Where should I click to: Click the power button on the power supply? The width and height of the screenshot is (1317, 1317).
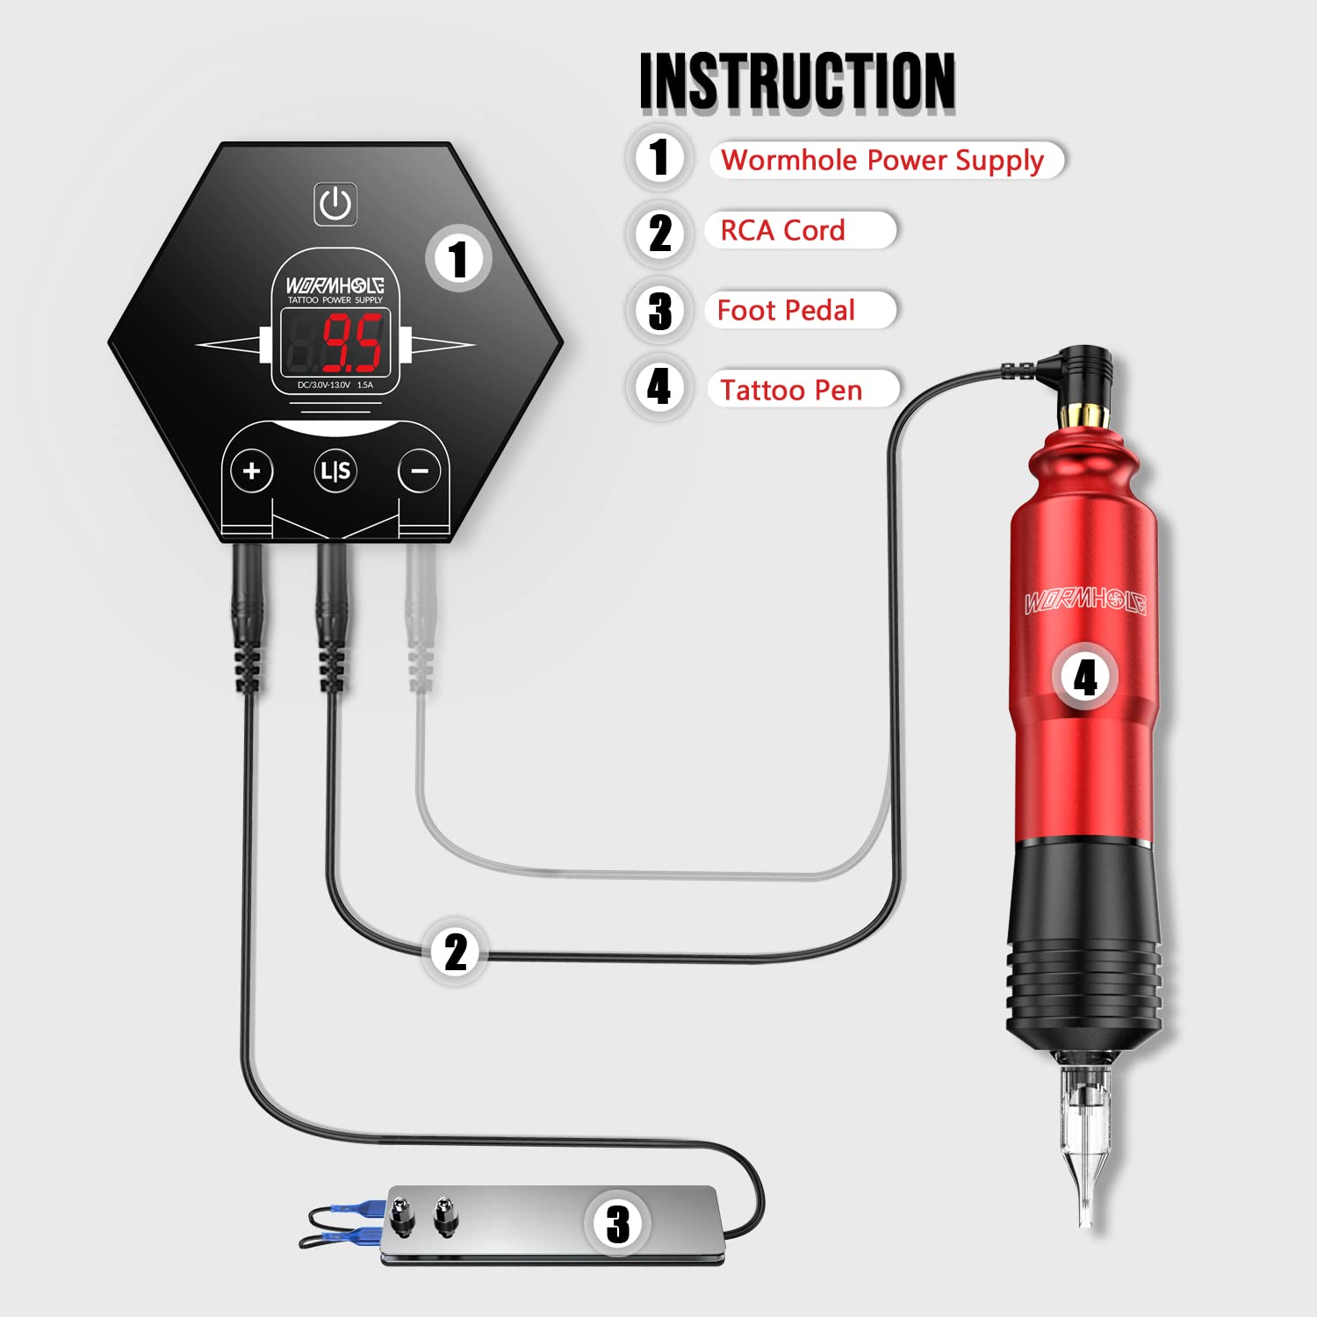(335, 204)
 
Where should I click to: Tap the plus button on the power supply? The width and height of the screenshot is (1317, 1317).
(252, 471)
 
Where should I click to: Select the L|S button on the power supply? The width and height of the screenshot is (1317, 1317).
(335, 471)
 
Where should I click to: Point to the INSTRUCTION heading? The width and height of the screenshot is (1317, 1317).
(797, 81)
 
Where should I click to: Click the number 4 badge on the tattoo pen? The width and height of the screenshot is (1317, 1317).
(1085, 677)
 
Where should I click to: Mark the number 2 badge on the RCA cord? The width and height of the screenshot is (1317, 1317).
(455, 952)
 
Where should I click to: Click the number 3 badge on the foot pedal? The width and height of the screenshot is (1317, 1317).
(617, 1223)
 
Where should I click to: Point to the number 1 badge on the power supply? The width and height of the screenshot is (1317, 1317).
(457, 259)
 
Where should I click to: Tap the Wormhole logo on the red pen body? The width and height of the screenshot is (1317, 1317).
(1085, 602)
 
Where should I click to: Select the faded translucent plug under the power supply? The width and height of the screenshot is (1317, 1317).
(421, 623)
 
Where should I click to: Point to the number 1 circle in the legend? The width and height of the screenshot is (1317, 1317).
(659, 158)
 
